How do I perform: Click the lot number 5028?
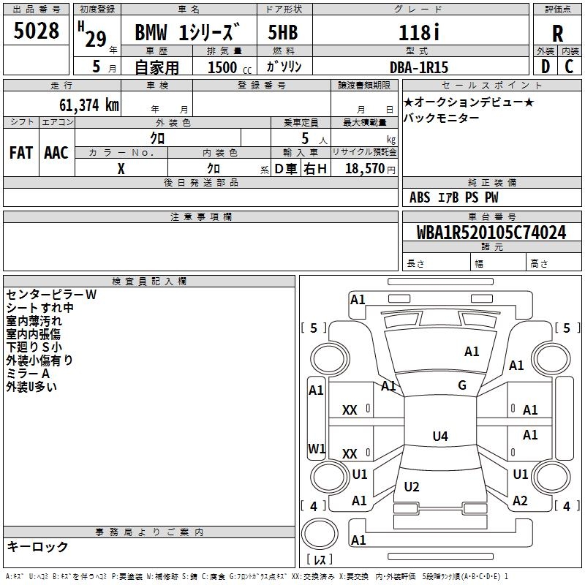(36, 31)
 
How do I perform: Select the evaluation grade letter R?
(557, 34)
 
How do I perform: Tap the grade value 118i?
(419, 32)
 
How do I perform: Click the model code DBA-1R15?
(419, 67)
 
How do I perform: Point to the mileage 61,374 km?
(88, 105)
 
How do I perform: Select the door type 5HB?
(283, 32)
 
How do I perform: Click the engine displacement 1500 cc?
(230, 67)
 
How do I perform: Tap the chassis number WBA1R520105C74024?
(491, 233)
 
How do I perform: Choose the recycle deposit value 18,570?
(364, 169)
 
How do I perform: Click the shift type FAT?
(21, 153)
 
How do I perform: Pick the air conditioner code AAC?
(56, 153)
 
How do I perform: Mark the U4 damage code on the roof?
(440, 436)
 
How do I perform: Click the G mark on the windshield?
(462, 385)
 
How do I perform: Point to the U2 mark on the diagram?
(412, 486)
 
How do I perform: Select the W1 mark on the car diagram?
(317, 448)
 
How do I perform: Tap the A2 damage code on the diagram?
(520, 501)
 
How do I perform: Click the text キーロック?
(37, 546)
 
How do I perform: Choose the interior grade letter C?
(569, 67)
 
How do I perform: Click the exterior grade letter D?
(545, 67)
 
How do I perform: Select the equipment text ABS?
(420, 197)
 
